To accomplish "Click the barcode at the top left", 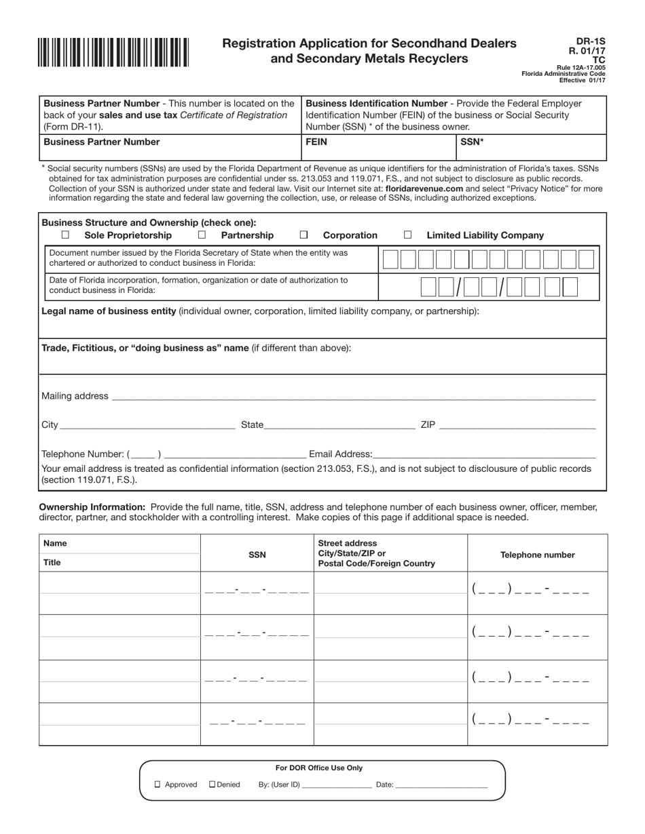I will [113, 52].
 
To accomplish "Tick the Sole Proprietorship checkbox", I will [65, 235].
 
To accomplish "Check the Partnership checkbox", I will [202, 235].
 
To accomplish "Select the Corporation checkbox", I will [303, 235].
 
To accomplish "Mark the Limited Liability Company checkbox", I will [407, 235].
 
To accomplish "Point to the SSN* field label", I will [472, 142].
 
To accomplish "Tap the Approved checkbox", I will [158, 785].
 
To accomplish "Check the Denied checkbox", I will [212, 785].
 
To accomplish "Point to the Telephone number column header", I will [537, 555].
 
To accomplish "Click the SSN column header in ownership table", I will [257, 555].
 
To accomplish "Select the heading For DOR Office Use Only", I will [318, 768].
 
